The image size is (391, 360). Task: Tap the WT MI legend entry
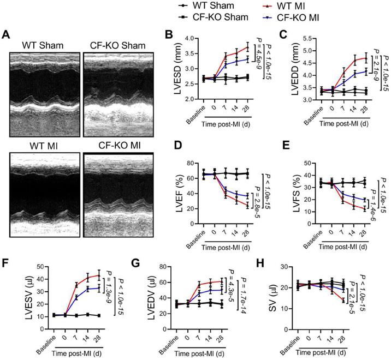click(298, 5)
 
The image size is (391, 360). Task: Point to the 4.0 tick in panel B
click(192, 38)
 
